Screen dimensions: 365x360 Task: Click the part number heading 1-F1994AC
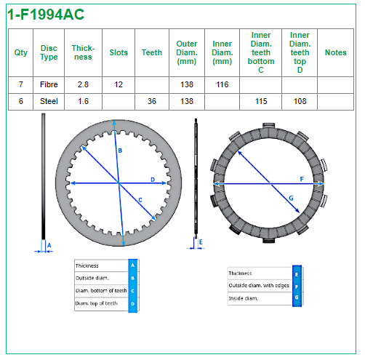(46, 15)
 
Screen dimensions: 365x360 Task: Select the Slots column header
(119, 52)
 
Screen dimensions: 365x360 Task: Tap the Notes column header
(336, 52)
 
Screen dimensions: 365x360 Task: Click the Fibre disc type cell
(49, 84)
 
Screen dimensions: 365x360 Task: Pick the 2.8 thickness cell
(83, 84)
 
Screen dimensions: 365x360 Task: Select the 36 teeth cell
(152, 101)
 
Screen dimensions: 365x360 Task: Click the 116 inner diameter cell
(222, 84)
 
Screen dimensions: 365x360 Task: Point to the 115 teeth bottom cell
(261, 101)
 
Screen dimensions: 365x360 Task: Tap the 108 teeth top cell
(300, 101)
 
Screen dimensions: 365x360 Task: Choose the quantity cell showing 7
(21, 84)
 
